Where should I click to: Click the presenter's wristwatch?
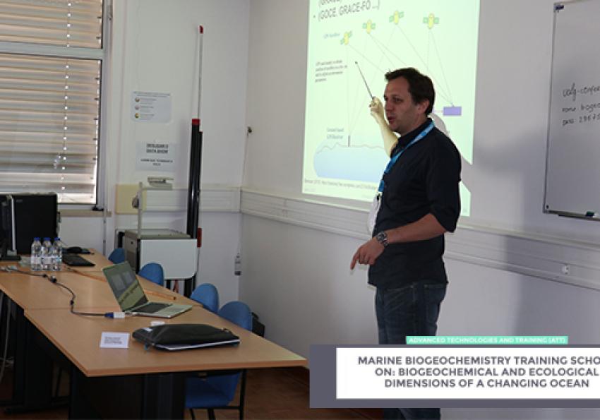tap(381, 239)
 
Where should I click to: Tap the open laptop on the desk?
tap(141, 289)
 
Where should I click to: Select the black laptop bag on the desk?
tap(186, 336)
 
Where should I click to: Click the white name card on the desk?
tap(114, 340)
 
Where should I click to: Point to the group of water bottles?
tap(46, 253)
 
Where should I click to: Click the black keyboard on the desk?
tap(78, 260)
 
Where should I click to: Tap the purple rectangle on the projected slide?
tap(452, 111)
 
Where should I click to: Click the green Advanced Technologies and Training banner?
tap(486, 340)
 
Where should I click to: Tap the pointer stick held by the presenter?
tap(364, 81)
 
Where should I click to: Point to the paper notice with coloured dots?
tap(151, 107)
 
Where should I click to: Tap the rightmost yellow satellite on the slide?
tap(431, 20)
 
